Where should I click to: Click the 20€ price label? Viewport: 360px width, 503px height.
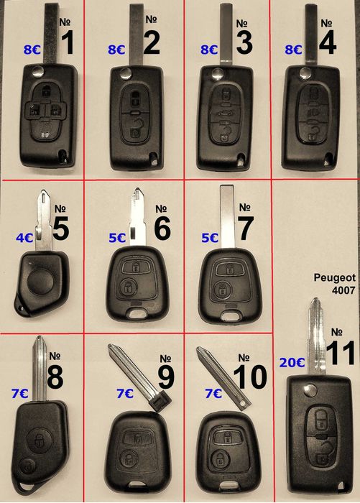coord(292,362)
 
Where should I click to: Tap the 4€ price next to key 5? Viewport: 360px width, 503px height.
coord(24,238)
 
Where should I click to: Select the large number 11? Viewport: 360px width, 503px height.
coord(341,353)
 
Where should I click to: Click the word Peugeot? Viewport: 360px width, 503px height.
coord(335,277)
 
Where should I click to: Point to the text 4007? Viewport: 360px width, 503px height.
coord(343,290)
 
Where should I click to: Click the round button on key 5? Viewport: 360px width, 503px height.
coord(40,282)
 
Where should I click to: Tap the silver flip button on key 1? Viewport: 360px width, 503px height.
coord(39,71)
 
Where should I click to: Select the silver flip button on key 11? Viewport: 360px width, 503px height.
coord(310,390)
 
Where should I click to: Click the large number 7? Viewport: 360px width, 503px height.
coord(246,228)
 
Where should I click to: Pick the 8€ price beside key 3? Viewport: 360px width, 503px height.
coord(209,50)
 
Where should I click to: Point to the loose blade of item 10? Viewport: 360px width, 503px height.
coord(223,379)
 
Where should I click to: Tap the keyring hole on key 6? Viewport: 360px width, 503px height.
coord(139,313)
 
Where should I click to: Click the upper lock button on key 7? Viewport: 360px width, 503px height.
coord(229,269)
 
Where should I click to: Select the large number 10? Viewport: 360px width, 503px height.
coord(250,377)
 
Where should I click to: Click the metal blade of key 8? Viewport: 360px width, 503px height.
coord(40,369)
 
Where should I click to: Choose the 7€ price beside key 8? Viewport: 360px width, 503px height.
coord(20,393)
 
